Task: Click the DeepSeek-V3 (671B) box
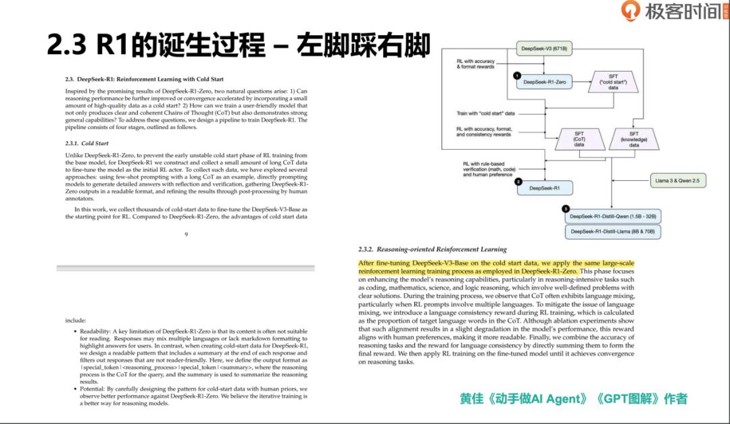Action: pyautogui.click(x=543, y=49)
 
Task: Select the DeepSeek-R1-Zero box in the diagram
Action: pyautogui.click(x=544, y=82)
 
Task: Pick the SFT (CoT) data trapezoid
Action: pyautogui.click(x=579, y=140)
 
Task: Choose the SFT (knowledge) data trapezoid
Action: pyautogui.click(x=634, y=140)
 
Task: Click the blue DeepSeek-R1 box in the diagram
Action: pyautogui.click(x=544, y=188)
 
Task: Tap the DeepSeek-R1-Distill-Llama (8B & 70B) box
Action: pyautogui.click(x=613, y=231)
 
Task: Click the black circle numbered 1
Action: pyautogui.click(x=516, y=76)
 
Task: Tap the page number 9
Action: pyautogui.click(x=186, y=234)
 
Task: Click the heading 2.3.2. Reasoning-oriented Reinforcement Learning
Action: pyautogui.click(x=432, y=249)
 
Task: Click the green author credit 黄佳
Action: pyautogui.click(x=471, y=398)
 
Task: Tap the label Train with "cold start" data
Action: pyautogui.click(x=485, y=113)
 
